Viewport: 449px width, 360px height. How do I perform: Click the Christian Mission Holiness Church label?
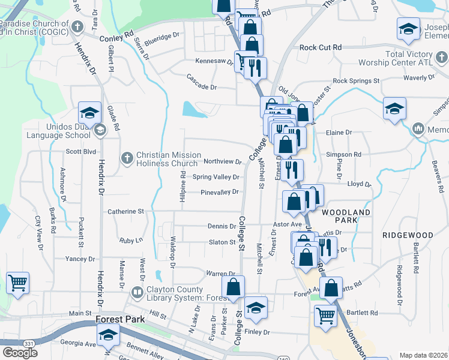click(167, 159)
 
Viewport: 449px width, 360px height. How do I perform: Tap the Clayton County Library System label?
click(179, 293)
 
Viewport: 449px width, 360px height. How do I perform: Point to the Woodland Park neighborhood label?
click(346, 217)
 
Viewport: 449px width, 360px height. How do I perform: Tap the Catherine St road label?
click(125, 211)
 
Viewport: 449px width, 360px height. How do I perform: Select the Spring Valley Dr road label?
click(215, 177)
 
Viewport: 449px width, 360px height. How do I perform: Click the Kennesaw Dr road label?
click(214, 61)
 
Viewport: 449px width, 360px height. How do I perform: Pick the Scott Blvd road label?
click(80, 152)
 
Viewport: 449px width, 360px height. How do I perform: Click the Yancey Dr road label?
click(80, 259)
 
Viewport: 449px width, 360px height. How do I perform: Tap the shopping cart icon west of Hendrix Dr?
click(17, 282)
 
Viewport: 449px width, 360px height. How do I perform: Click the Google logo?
click(20, 352)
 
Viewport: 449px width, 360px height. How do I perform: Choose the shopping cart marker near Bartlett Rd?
click(325, 314)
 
